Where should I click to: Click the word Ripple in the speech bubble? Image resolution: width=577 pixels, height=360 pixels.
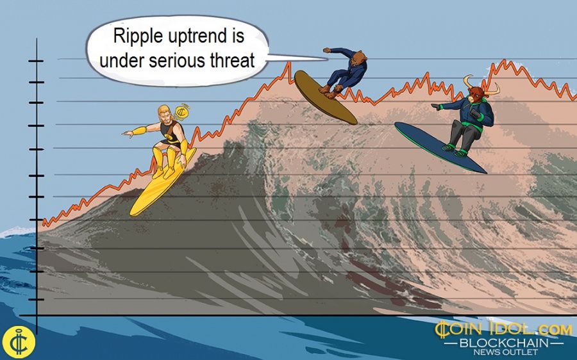click(134, 37)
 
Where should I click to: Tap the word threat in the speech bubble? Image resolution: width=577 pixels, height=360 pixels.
click(232, 61)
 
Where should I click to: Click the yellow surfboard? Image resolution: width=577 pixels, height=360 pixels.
click(162, 183)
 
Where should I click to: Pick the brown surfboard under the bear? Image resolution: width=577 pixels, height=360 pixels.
click(325, 97)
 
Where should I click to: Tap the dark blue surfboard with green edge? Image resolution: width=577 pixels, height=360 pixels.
click(440, 147)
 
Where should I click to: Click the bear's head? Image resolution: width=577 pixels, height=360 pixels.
click(358, 56)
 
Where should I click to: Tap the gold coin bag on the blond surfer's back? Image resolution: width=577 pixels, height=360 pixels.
click(182, 112)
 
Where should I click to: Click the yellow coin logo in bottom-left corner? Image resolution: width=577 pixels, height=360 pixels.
click(18, 341)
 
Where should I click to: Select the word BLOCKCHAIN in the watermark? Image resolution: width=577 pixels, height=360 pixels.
click(504, 343)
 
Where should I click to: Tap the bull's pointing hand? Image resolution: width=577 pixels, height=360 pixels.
click(436, 107)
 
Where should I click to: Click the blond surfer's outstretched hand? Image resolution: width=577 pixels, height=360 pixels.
click(128, 134)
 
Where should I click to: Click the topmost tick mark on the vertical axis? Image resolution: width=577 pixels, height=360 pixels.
click(36, 61)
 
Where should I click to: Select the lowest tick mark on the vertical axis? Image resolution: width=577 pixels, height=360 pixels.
click(36, 299)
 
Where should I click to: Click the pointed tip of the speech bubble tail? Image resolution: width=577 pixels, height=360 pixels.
click(327, 58)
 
